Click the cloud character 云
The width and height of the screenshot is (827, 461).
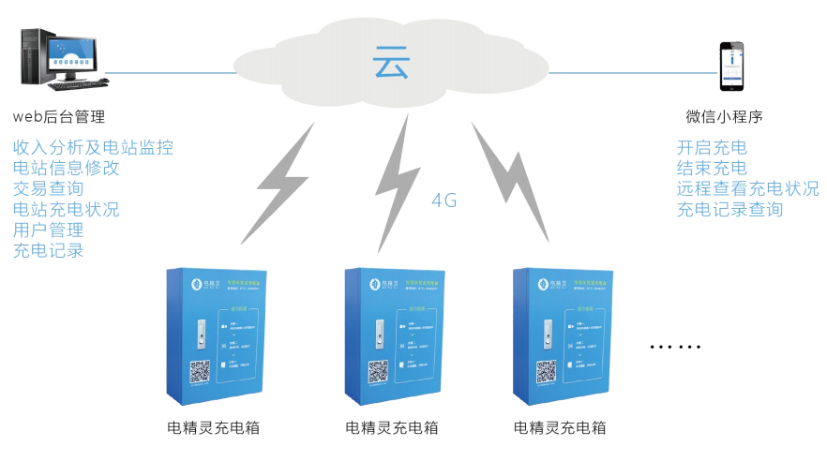391,63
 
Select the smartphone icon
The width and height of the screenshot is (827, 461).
732,66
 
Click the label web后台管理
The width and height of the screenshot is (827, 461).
58,117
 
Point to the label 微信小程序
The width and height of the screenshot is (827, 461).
724,117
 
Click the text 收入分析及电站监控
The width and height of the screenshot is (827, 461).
93,147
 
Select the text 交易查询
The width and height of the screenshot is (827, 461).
49,188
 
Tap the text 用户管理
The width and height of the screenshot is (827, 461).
49,230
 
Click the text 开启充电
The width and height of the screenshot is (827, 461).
712,147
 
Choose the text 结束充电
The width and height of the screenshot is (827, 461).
712,168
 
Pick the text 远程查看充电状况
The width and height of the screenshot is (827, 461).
747,188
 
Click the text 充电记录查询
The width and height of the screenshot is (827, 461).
729,209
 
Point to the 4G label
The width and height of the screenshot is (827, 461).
444,200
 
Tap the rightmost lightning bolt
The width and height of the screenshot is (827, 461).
511,177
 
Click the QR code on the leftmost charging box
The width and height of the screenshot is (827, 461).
200,372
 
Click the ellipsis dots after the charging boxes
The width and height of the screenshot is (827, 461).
675,348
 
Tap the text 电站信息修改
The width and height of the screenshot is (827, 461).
67,168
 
